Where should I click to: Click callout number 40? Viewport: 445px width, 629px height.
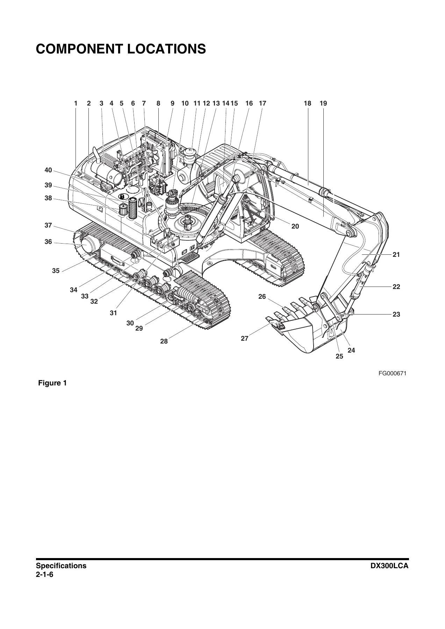point(48,170)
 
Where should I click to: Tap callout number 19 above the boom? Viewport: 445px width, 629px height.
point(323,103)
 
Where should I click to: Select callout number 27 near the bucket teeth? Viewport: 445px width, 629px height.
point(244,338)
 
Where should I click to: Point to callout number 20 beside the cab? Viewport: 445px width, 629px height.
point(295,226)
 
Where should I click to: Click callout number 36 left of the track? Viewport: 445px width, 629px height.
point(48,242)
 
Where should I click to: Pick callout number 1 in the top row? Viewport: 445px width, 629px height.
point(76,103)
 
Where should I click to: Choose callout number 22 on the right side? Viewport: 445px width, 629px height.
point(396,287)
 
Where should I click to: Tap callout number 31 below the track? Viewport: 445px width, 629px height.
point(113,313)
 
